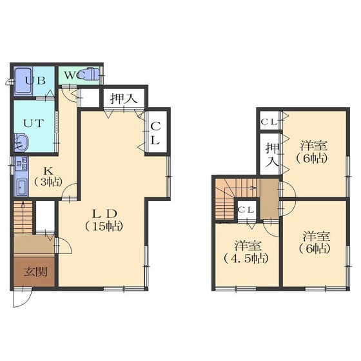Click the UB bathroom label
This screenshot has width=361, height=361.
click(x=35, y=81)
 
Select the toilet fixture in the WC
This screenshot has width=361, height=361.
click(x=90, y=74)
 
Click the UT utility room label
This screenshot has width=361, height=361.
click(x=34, y=123)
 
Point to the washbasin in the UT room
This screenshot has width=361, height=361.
click(x=21, y=142)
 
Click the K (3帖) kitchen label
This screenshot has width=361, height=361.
click(x=48, y=177)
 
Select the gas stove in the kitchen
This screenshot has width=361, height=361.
click(x=21, y=163)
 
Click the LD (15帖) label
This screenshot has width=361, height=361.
click(x=104, y=220)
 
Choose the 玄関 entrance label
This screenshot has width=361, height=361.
click(x=35, y=271)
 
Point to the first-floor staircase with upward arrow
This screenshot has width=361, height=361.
click(x=23, y=217)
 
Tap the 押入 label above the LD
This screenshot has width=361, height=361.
click(x=124, y=99)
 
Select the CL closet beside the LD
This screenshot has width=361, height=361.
click(x=155, y=133)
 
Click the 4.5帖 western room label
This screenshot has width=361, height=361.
click(x=246, y=253)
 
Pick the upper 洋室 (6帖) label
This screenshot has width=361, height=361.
click(x=313, y=152)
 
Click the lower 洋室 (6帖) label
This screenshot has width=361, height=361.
click(x=315, y=242)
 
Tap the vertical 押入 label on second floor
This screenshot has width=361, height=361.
click(x=272, y=155)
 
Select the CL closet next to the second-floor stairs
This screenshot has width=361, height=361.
click(x=246, y=210)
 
